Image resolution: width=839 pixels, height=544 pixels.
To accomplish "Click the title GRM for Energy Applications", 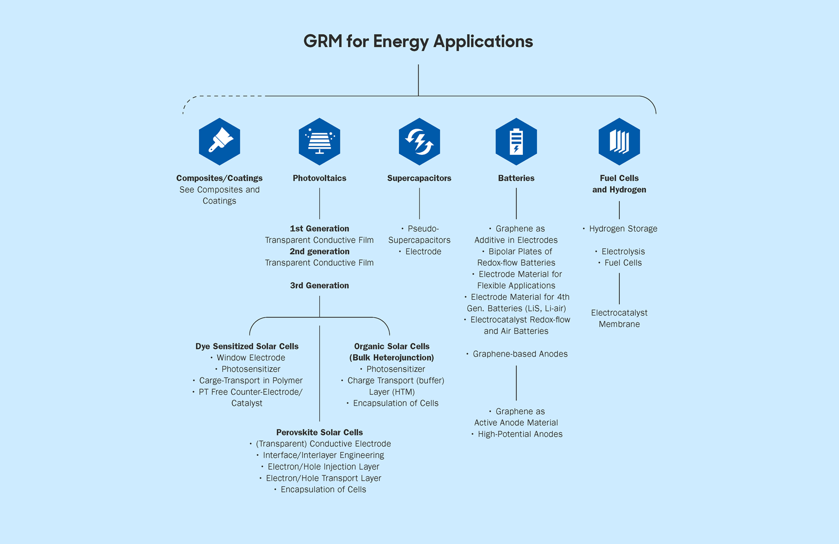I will tap(418, 41).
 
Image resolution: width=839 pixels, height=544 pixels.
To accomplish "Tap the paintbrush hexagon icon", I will tap(220, 141).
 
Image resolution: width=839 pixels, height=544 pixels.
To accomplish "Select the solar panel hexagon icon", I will tap(319, 141).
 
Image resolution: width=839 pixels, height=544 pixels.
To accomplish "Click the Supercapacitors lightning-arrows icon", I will tap(419, 141).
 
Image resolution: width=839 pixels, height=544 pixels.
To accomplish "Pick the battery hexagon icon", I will tap(516, 141).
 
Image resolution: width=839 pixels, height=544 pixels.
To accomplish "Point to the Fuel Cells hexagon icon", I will tap(619, 141).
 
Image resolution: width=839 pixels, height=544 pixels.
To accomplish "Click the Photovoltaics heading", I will tap(319, 178).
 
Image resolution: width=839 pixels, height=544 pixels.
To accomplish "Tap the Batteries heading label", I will tap(516, 178).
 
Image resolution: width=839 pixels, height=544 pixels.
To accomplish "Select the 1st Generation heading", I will tap(319, 228).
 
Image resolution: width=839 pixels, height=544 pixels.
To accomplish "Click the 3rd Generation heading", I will tap(319, 285).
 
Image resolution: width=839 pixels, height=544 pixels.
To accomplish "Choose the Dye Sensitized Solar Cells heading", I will tap(247, 346).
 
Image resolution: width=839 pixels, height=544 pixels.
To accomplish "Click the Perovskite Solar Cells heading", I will tap(319, 432).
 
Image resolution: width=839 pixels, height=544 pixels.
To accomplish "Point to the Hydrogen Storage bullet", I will tap(622, 228).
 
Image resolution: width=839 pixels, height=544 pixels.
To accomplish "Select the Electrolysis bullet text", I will tap(623, 252).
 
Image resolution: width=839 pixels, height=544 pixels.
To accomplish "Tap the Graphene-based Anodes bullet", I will tap(520, 354).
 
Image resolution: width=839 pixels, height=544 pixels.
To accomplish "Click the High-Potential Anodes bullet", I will tap(520, 434).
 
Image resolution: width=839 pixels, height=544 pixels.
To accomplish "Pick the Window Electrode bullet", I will tap(251, 358).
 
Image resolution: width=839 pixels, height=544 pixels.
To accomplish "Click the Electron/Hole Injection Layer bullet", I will tap(323, 466).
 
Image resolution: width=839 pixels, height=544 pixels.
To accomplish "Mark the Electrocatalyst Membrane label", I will tap(619, 318).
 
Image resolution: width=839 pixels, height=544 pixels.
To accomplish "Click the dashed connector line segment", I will tap(225, 96).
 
